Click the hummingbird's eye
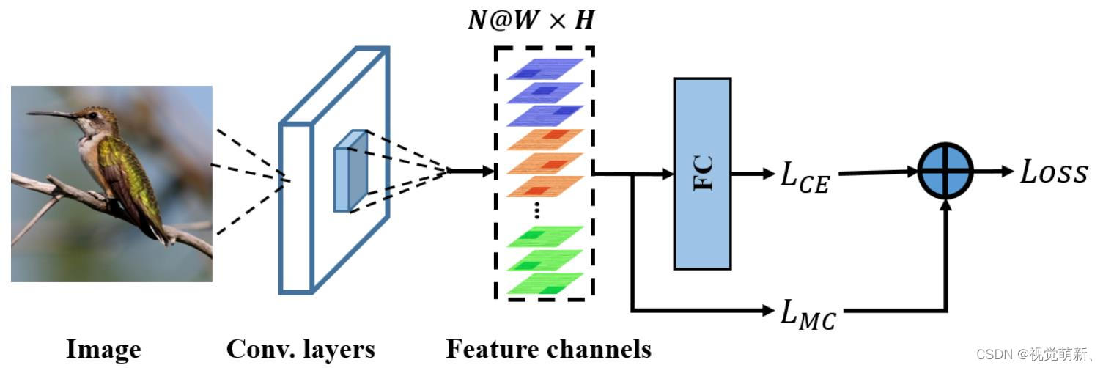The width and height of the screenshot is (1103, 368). click(92, 116)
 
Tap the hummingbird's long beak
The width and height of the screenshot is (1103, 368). click(51, 114)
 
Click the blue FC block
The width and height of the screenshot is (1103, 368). click(702, 173)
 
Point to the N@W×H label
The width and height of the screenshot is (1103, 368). click(531, 20)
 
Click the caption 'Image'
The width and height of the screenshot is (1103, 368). click(103, 349)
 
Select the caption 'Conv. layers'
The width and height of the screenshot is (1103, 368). click(300, 349)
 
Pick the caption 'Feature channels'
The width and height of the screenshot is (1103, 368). click(548, 349)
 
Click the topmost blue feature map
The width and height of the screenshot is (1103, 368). click(545, 69)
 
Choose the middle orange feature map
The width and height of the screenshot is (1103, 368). click(545, 163)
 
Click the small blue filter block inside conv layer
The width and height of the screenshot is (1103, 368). click(350, 171)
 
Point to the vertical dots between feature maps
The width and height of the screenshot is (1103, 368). click(536, 210)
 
